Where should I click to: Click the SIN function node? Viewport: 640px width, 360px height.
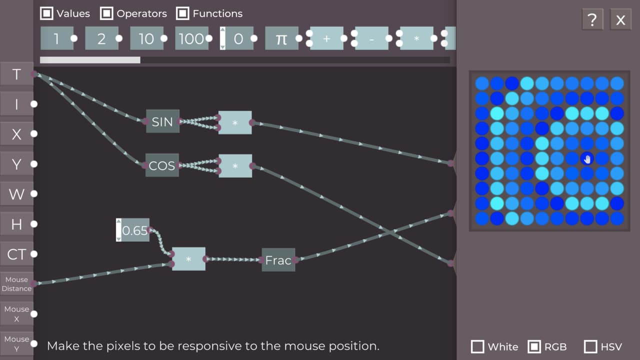click(162, 121)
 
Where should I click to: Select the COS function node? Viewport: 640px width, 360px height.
click(162, 165)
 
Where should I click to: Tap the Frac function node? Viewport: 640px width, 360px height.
click(278, 259)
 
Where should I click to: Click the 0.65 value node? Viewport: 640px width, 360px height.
click(132, 230)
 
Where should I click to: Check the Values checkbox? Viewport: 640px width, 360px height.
click(46, 13)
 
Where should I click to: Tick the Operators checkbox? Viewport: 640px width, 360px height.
click(106, 13)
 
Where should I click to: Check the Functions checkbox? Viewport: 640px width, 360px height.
click(182, 13)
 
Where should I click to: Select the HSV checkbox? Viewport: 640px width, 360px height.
click(590, 346)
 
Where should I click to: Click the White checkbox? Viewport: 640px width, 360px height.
click(477, 346)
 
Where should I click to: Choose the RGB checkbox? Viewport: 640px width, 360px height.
click(534, 346)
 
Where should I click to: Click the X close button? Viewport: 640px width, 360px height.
click(620, 19)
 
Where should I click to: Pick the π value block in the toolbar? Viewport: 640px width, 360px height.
click(281, 38)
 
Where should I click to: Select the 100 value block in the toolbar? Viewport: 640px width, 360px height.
click(191, 38)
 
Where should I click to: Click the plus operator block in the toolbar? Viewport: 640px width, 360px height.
click(326, 38)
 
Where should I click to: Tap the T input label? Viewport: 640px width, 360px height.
click(16, 74)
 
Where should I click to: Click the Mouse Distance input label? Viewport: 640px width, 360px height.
click(16, 283)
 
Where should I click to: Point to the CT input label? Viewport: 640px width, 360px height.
click(16, 254)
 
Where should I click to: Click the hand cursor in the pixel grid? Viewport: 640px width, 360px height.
click(587, 159)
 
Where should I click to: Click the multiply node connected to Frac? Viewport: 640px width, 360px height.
click(188, 259)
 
